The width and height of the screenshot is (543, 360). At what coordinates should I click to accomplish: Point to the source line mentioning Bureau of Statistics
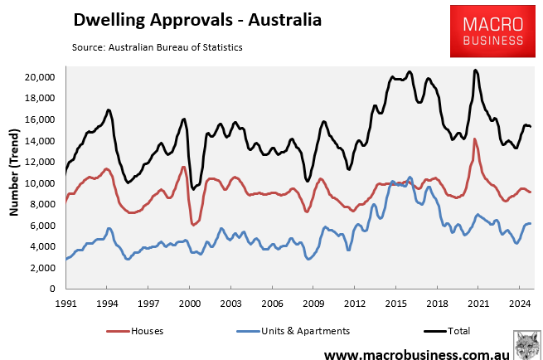162,47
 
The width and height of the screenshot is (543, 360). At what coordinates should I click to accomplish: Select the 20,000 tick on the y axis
38,77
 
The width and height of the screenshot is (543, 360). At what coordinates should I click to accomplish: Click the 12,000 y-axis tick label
38,162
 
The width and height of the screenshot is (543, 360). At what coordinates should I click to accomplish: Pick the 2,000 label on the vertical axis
41,268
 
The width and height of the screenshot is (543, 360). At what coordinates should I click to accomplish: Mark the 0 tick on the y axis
51,289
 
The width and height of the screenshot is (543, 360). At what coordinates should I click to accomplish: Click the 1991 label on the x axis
66,304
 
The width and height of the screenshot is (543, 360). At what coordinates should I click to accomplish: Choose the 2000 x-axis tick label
190,304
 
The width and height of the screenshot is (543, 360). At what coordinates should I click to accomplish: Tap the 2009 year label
313,304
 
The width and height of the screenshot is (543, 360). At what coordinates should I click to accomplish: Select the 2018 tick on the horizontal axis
437,304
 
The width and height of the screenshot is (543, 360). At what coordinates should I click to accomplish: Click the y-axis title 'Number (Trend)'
14,173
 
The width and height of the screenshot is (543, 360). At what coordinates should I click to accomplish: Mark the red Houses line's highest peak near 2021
475,139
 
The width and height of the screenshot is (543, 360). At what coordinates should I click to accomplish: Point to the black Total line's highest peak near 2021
475,71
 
